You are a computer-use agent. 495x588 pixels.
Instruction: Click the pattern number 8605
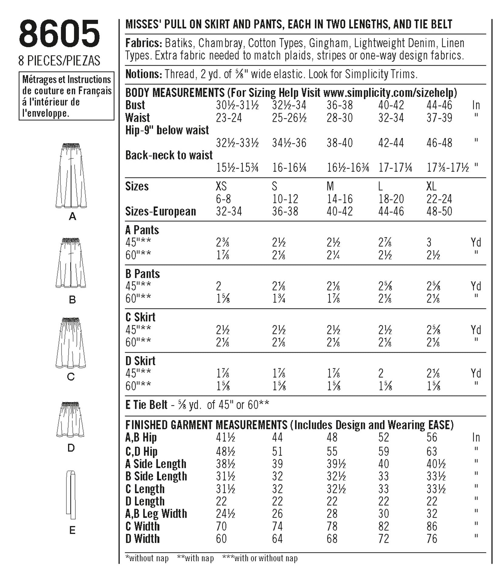tap(59, 34)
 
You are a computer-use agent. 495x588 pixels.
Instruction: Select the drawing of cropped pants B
tap(71, 263)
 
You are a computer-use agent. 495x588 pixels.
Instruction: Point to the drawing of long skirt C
tap(71, 343)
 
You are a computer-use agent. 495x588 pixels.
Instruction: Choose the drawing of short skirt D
tap(70, 420)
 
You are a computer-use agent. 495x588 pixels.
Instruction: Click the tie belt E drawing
tap(71, 495)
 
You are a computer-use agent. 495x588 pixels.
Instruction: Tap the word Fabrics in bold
tap(143, 43)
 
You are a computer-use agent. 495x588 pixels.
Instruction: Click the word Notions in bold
tap(143, 74)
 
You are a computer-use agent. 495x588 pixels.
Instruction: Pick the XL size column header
tap(432, 186)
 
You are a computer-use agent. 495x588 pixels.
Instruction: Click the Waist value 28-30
tap(340, 118)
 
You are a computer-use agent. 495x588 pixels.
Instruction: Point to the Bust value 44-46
tap(439, 105)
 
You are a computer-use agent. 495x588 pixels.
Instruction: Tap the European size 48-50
tap(439, 211)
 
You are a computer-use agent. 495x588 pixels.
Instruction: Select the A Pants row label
tap(142, 230)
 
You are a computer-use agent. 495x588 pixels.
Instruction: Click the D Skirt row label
tap(140, 361)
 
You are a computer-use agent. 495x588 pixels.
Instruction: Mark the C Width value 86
tap(432, 526)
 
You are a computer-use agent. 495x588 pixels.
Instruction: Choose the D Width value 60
tap(221, 539)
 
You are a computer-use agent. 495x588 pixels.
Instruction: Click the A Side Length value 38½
tap(225, 464)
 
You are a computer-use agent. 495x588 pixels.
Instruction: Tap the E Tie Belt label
tap(146, 404)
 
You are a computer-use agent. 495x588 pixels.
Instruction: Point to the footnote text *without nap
tap(147, 558)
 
